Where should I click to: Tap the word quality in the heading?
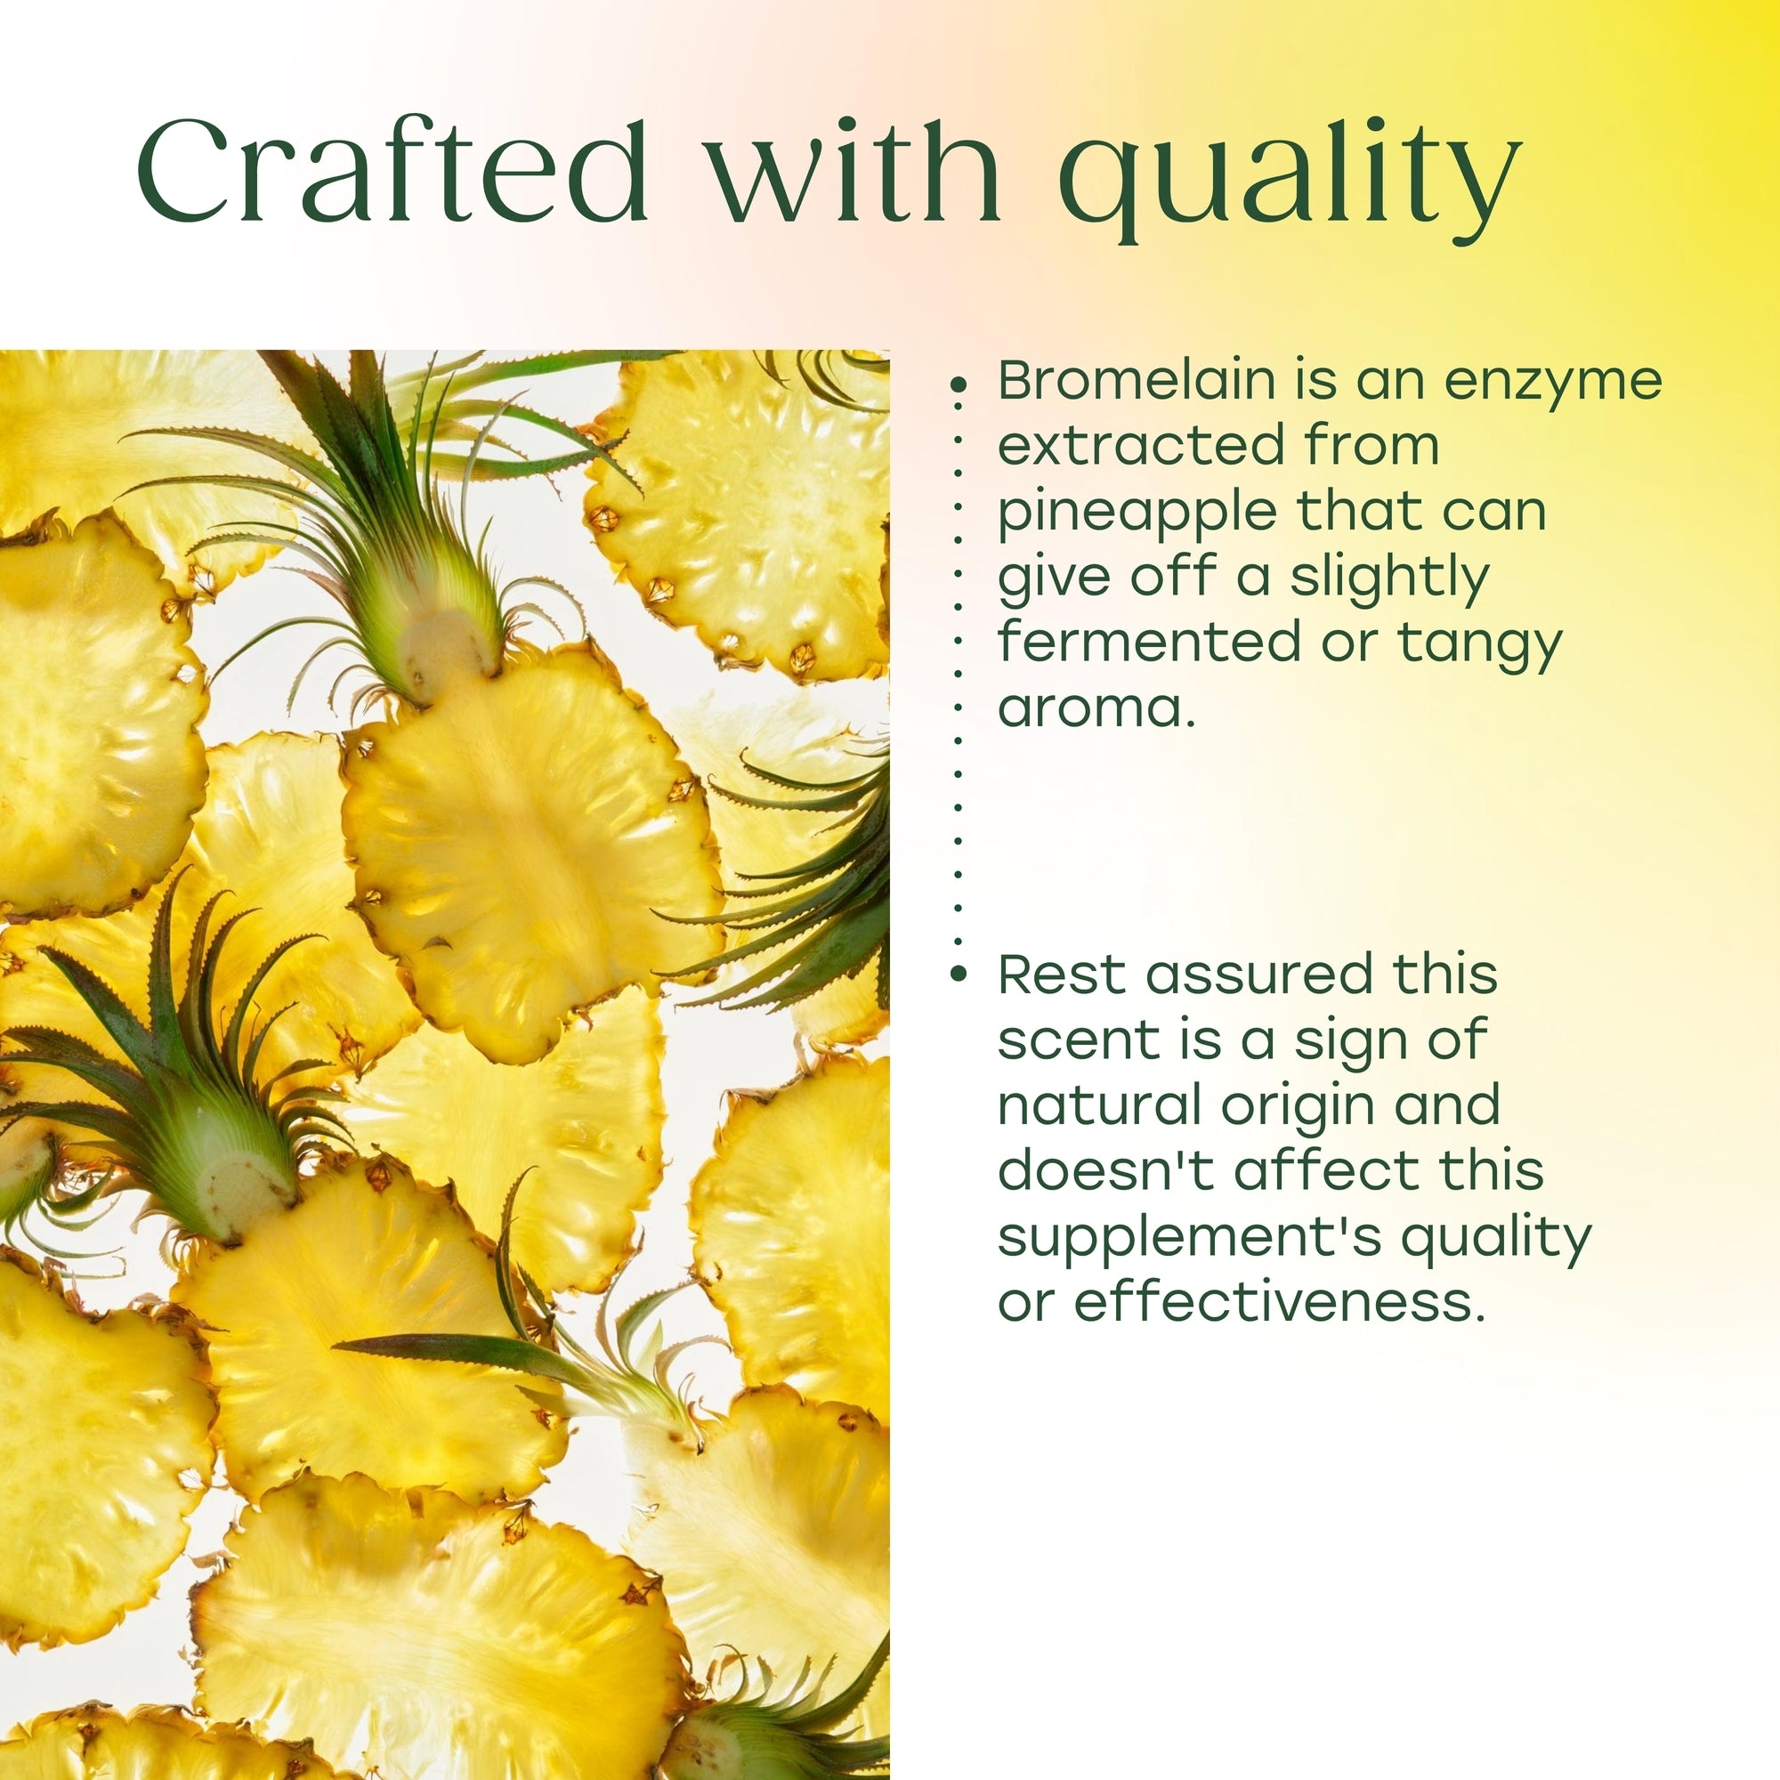point(1289,180)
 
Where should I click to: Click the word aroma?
point(1096,708)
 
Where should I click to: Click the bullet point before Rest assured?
point(959,973)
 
